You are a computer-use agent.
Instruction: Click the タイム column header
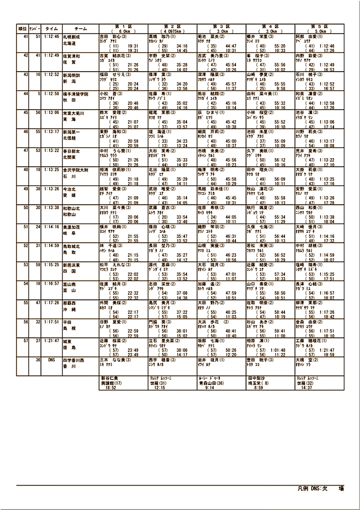(x=51, y=29)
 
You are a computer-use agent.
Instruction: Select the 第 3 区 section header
(x=221, y=26)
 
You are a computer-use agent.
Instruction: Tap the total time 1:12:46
(x=51, y=37)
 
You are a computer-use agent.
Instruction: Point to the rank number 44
(x=24, y=93)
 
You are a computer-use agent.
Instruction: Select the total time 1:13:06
(x=51, y=112)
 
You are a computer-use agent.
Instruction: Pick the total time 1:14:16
(x=51, y=226)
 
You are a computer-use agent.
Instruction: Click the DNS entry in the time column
(x=51, y=360)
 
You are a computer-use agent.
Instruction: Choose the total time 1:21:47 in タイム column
(x=51, y=341)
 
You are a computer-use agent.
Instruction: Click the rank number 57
(x=24, y=341)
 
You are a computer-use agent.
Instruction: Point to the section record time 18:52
(x=110, y=387)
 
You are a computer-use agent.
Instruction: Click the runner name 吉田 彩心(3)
(x=113, y=37)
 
